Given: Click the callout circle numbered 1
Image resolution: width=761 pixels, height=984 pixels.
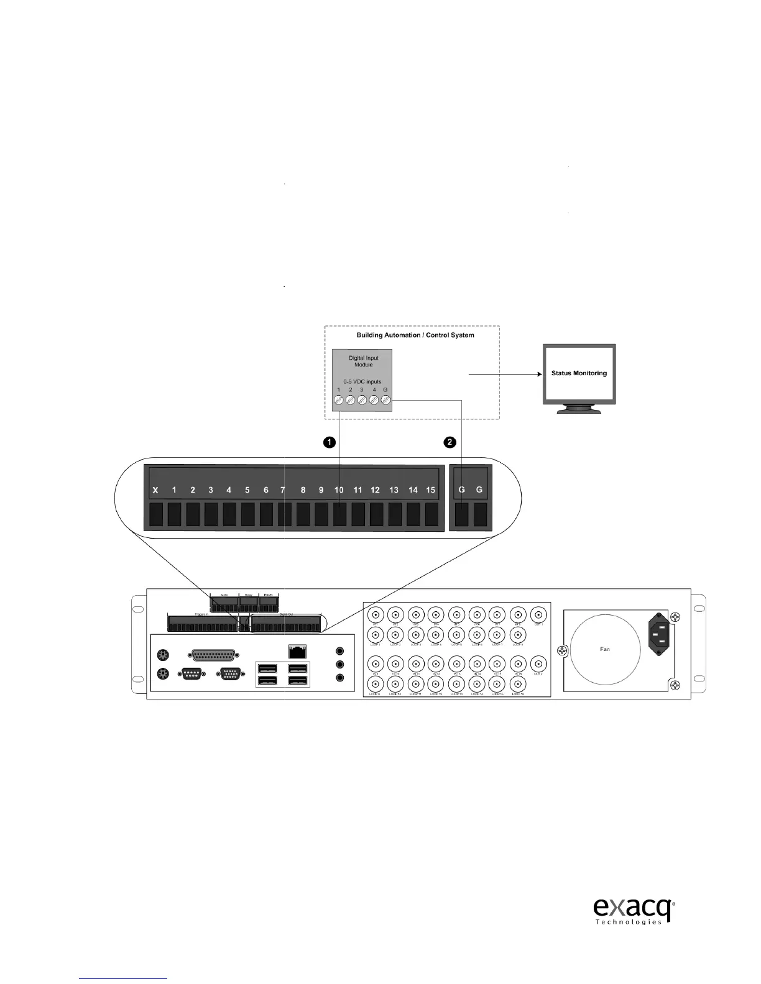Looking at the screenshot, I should (330, 442).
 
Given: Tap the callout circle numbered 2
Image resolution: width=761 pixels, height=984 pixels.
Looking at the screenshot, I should (450, 442).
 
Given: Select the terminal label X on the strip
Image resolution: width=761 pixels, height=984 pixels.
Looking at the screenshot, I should (155, 490).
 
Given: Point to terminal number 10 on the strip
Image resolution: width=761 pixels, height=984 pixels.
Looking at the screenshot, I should (339, 490).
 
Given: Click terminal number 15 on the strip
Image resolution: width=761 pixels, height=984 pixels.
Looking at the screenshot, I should (430, 490).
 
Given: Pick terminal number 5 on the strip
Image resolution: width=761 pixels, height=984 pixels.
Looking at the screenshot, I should (247, 490).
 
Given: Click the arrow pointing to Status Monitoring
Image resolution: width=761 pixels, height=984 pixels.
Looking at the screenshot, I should (504, 374).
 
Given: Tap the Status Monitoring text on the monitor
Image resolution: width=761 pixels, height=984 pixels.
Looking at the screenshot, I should (579, 373).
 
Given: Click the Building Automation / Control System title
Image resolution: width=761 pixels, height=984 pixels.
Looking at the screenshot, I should (415, 335).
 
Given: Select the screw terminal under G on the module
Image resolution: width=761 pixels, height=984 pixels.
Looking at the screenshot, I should (385, 401).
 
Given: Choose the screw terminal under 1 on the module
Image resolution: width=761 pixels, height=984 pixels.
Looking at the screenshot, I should (339, 401).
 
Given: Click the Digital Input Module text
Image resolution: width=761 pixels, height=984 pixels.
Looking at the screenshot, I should (363, 361).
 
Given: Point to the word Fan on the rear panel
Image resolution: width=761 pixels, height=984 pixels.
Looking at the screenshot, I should (604, 649).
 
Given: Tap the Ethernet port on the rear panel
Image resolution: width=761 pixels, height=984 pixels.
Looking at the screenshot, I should (298, 651).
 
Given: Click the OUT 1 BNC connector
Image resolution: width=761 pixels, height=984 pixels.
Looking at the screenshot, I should (538, 616).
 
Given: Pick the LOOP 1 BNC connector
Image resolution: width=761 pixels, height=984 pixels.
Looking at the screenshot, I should (376, 635).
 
